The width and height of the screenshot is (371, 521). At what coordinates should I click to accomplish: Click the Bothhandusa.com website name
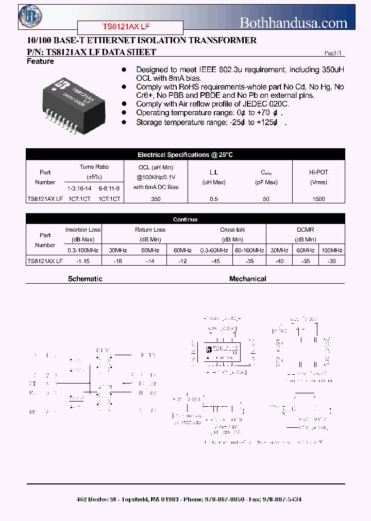click(294, 23)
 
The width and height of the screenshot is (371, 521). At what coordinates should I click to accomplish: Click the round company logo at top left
click(30, 16)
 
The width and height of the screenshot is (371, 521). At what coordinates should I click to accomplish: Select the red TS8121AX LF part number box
click(130, 27)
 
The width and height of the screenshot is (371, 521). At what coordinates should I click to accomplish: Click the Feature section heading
click(40, 62)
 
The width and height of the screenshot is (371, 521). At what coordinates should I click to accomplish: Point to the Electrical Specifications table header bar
click(185, 154)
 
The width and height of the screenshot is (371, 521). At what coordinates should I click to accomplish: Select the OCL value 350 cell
click(156, 199)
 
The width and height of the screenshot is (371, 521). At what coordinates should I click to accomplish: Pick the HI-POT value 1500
click(319, 199)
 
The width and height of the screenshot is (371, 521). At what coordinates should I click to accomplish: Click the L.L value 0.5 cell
click(214, 199)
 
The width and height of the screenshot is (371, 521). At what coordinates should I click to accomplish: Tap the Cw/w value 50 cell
click(266, 199)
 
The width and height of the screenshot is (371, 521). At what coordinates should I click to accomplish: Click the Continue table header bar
click(185, 219)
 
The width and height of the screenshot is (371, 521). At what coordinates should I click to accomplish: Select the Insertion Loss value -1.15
click(83, 261)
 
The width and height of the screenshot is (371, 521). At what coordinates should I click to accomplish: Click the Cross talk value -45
click(215, 261)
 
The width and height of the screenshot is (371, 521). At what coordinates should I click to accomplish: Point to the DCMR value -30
click(331, 261)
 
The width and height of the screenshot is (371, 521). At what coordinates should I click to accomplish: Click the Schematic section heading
click(85, 279)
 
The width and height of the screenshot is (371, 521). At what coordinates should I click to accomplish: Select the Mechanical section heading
click(247, 279)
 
